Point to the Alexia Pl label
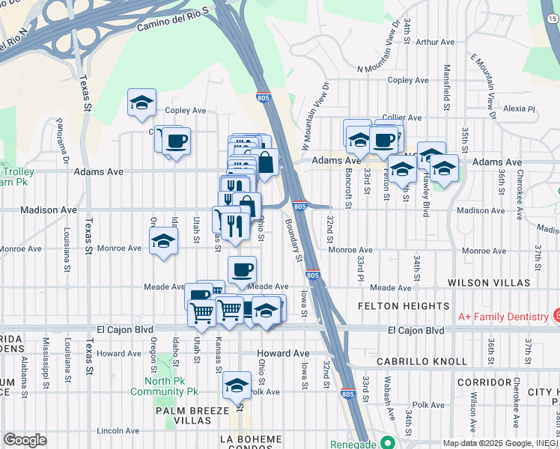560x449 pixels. tap(520, 109)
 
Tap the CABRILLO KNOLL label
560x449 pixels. tap(421, 361)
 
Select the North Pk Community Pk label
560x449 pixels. tap(171, 385)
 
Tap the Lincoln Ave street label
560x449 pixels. tap(119, 431)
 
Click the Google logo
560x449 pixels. tap(25, 440)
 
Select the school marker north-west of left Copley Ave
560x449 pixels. tap(141, 104)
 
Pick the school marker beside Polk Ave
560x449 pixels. tap(237, 385)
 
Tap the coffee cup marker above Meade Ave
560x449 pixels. tap(241, 269)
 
